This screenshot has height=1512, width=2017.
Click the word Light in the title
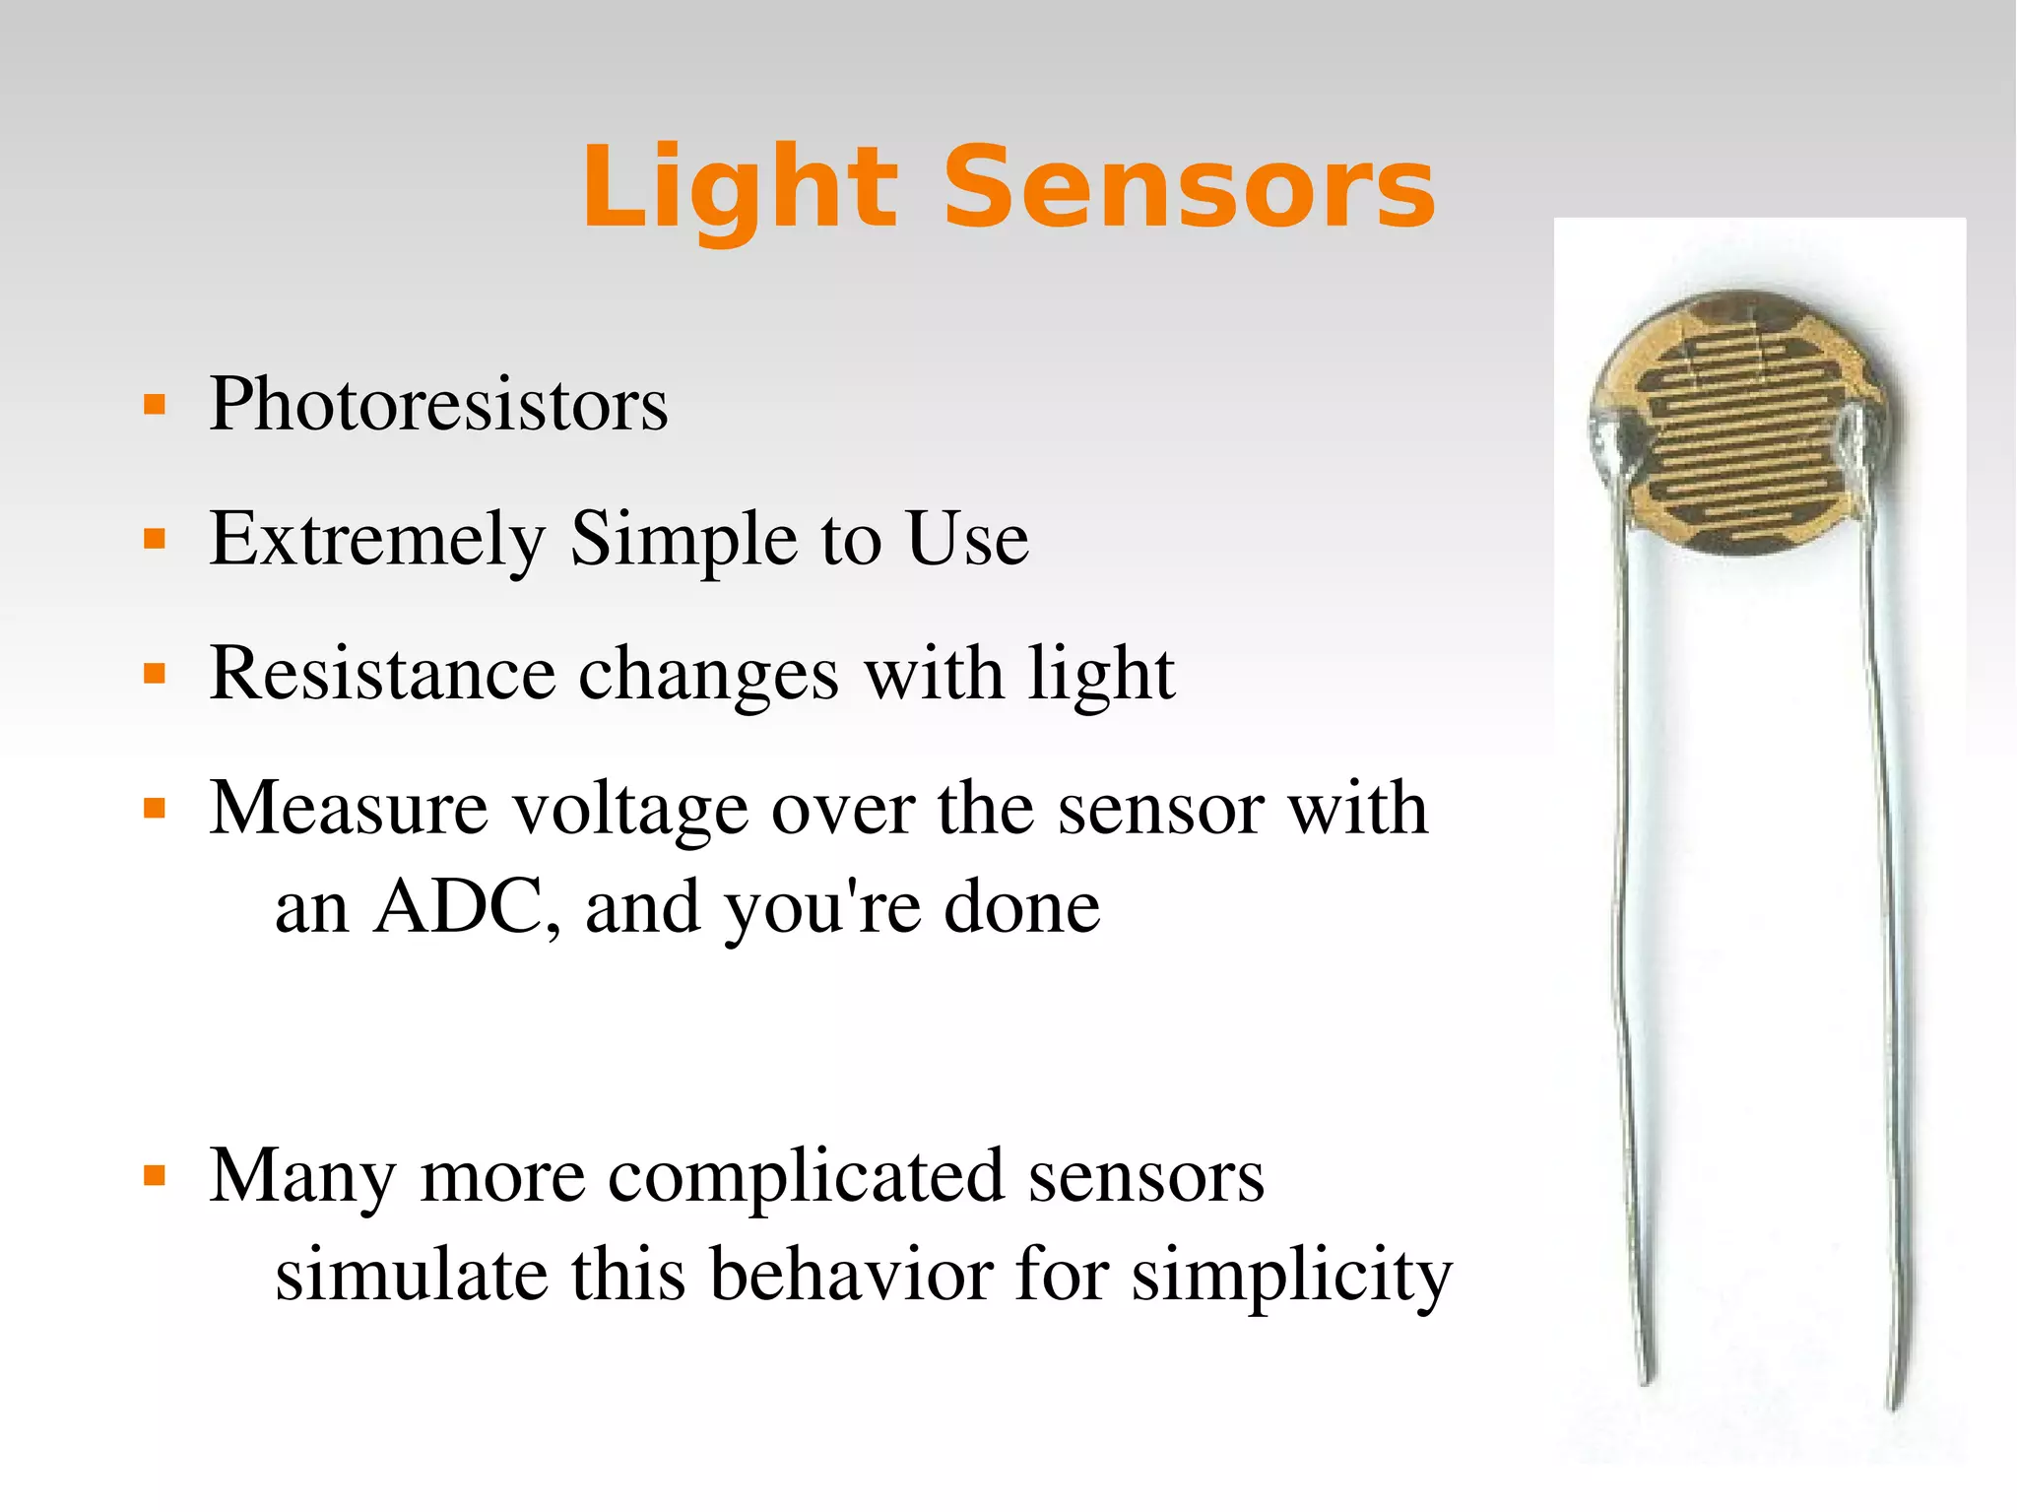[x=739, y=187]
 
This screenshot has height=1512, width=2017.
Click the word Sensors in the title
[x=1189, y=187]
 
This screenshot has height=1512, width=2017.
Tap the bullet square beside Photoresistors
[x=155, y=405]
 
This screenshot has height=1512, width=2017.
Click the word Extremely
[x=377, y=540]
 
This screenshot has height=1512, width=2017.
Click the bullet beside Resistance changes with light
[x=155, y=675]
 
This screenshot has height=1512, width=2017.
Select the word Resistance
[x=383, y=674]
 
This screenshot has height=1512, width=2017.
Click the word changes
[x=708, y=676]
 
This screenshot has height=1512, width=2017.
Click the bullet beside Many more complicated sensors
[x=155, y=1176]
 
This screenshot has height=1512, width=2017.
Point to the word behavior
[x=851, y=1275]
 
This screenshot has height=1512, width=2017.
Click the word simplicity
[x=1291, y=1277]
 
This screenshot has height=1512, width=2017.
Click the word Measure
[x=349, y=809]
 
